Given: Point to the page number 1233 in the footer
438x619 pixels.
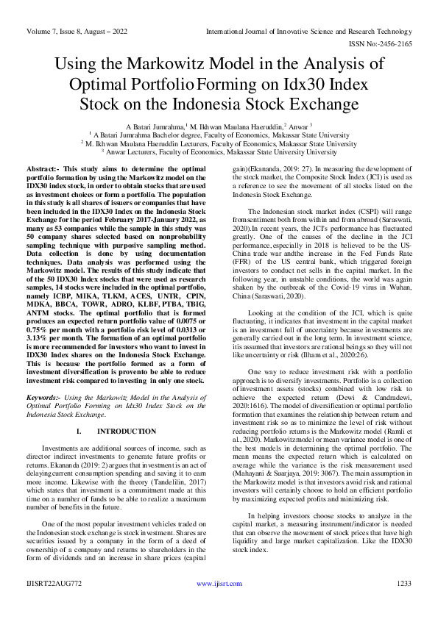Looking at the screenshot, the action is point(403,604).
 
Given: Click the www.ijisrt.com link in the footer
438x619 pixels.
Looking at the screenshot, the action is point(219,604).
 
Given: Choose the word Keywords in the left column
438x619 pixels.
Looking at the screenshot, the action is point(44,398).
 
